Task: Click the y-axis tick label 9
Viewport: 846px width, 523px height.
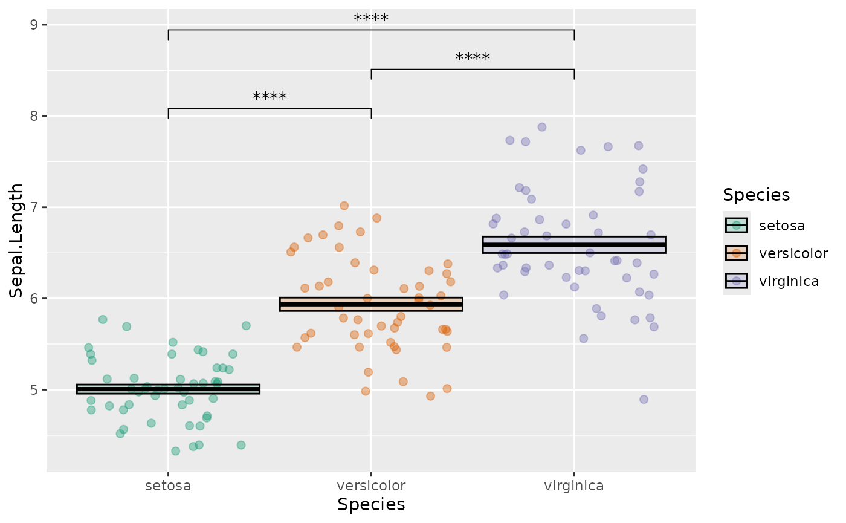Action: (x=33, y=25)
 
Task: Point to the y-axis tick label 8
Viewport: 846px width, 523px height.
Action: (x=33, y=116)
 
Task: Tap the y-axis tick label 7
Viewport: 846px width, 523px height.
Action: (x=33, y=207)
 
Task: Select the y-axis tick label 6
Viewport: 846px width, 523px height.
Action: (x=33, y=299)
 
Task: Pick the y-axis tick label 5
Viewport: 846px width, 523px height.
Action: (x=33, y=390)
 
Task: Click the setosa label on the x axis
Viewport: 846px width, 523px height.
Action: (x=168, y=486)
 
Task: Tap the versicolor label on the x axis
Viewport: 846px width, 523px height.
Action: (x=371, y=486)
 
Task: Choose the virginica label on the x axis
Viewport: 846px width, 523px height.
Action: (x=573, y=486)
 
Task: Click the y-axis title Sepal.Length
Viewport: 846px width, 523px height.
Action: (x=16, y=241)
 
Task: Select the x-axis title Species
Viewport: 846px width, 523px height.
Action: (x=371, y=504)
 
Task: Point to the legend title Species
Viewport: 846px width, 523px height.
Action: (x=757, y=195)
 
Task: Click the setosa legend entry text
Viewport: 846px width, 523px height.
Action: (x=782, y=226)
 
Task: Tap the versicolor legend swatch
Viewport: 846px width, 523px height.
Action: (x=736, y=253)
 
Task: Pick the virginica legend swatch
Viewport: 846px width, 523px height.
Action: (x=736, y=281)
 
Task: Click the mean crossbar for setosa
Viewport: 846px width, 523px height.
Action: (x=168, y=389)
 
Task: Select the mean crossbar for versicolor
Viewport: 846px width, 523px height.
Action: (x=371, y=304)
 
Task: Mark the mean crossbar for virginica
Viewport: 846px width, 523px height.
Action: (x=573, y=245)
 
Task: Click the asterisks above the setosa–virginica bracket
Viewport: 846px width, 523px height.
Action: (x=371, y=18)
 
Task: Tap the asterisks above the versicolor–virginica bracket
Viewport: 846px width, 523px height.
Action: (x=473, y=58)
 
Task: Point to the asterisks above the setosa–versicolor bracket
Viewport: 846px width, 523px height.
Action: (x=270, y=97)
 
